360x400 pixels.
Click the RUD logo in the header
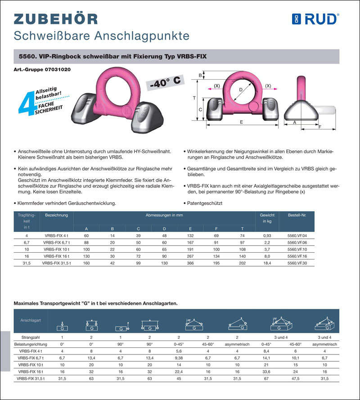tap(315, 18)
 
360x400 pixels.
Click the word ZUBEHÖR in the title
tap(56, 18)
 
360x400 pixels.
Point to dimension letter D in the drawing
tap(241, 90)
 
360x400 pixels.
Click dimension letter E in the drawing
tap(241, 122)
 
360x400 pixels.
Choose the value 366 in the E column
tap(190, 263)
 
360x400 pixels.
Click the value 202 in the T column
tap(242, 263)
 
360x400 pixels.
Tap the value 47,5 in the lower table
tap(296, 379)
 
